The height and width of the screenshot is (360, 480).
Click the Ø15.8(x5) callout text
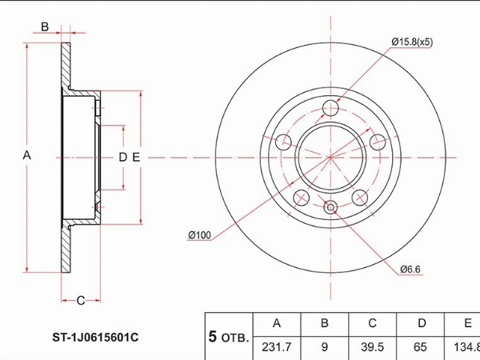pyautogui.click(x=412, y=42)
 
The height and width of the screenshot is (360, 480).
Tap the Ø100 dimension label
pyautogui.click(x=199, y=235)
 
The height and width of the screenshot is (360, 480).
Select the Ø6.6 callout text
pyautogui.click(x=410, y=270)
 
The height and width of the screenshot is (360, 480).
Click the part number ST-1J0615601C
pyautogui.click(x=95, y=338)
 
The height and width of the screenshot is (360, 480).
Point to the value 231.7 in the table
pyautogui.click(x=277, y=347)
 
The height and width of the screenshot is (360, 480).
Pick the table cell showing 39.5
pyautogui.click(x=372, y=347)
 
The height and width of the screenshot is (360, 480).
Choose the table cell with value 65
pyautogui.click(x=420, y=347)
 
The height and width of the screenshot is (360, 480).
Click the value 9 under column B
pyautogui.click(x=325, y=347)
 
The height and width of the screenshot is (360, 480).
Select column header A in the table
pyautogui.click(x=277, y=323)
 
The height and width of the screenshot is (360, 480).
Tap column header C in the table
pyautogui.click(x=372, y=323)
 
